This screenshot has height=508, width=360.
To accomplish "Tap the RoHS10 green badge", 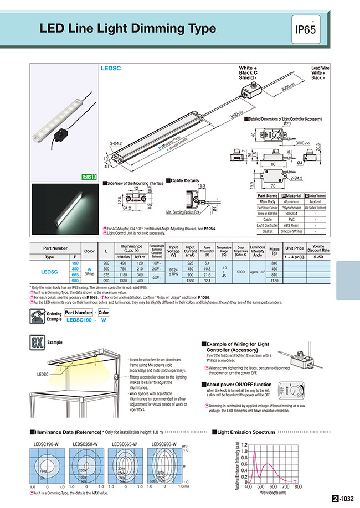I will [x=89, y=177].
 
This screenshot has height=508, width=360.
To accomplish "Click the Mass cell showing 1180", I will [x=274, y=281].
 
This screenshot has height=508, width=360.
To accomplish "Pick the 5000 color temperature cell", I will [x=241, y=272].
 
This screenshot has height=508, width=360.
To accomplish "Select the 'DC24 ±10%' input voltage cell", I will [x=173, y=272].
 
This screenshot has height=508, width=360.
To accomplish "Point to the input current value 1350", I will [x=191, y=281].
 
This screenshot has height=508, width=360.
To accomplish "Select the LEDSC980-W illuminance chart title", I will [x=163, y=443].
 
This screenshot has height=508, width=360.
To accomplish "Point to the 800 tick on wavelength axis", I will [x=298, y=486].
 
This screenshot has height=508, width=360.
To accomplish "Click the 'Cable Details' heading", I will [x=185, y=180].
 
